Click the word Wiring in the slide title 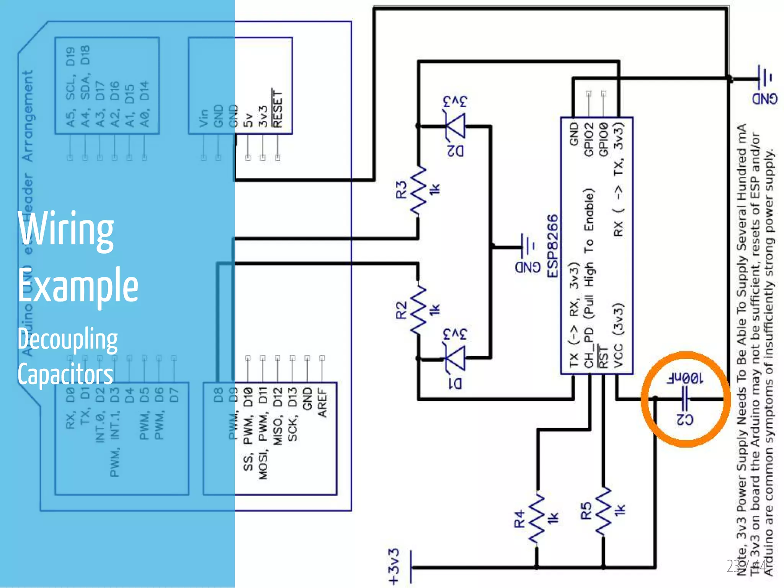point(66,230)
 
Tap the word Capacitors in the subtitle point(65,374)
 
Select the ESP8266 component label point(552,246)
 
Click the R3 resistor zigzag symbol point(418,190)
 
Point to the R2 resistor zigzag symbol point(418,310)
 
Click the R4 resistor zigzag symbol point(537,518)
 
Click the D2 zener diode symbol point(456,125)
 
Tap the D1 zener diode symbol point(456,358)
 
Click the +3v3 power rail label point(394,567)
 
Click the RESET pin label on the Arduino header point(277,109)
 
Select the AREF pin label point(322,403)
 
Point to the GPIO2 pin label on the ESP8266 point(589,140)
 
